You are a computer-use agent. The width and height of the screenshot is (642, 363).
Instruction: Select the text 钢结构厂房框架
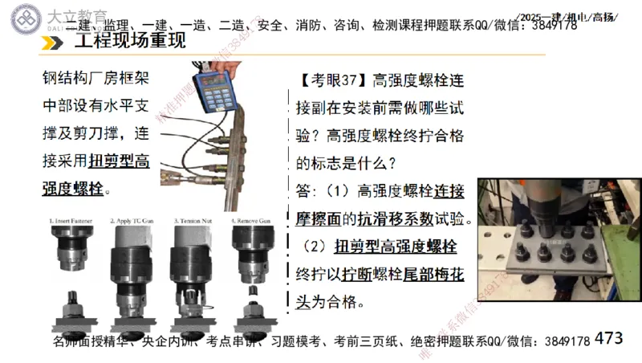(95, 79)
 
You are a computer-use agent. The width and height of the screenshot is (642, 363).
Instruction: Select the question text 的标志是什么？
(346, 163)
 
